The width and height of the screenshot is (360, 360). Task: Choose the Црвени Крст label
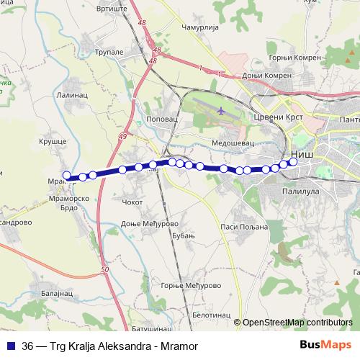tap(270, 116)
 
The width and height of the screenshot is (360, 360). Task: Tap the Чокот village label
tap(135, 202)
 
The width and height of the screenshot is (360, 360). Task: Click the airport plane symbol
tap(219, 111)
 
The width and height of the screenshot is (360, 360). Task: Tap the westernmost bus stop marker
tap(67, 175)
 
